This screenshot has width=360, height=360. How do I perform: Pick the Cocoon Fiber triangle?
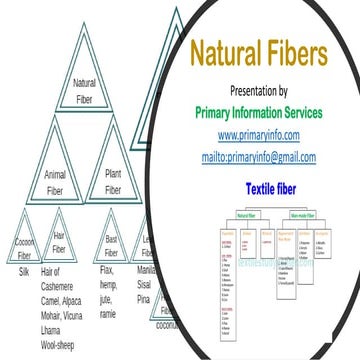tap(24, 245)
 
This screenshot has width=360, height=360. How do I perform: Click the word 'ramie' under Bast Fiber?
tap(109, 314)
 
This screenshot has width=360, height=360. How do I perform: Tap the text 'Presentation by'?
tap(265, 91)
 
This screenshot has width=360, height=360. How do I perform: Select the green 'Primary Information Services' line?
tap(266, 112)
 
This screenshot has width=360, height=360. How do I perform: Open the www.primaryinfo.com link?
tap(265, 135)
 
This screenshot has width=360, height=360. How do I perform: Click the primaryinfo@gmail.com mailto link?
tap(266, 157)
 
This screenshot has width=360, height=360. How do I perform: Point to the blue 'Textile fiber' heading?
tap(265, 187)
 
